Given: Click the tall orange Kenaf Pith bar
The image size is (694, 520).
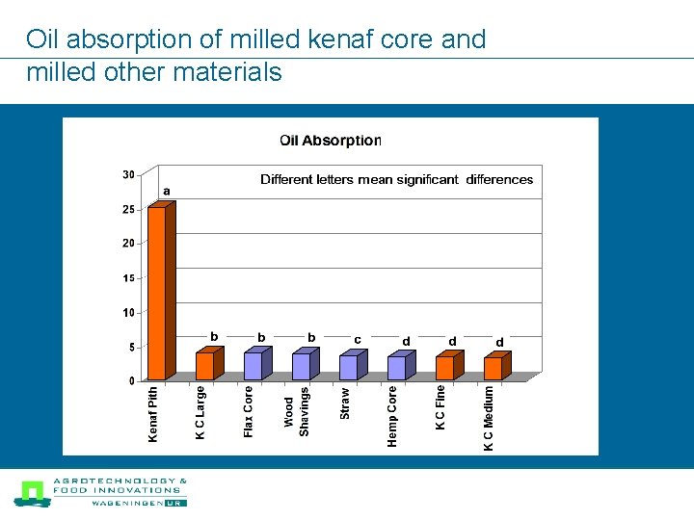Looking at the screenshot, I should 156,293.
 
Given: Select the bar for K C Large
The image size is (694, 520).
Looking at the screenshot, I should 204,365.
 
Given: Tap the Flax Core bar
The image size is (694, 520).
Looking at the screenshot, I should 253,365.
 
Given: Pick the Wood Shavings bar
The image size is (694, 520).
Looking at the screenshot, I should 301,366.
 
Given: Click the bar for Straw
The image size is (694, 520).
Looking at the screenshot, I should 348,367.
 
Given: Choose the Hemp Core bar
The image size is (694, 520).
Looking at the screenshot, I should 396,367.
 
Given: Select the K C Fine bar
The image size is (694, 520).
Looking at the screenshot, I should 444,367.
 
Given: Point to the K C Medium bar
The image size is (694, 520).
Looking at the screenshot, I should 493,367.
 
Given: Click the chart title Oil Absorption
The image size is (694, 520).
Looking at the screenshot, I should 331,141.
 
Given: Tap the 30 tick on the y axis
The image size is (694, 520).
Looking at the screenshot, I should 128,174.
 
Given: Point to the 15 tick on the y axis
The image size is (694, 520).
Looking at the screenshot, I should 128,278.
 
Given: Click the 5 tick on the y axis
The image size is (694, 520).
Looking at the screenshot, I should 131,347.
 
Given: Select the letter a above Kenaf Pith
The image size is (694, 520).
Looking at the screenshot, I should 167,191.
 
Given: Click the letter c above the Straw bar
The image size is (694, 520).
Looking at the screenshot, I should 358,339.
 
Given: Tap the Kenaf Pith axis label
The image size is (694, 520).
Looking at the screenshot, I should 153,415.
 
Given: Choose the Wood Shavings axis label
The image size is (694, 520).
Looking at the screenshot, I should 297,411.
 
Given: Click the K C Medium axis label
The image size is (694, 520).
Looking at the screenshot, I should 489,418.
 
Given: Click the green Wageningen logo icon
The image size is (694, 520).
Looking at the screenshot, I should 32,493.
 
